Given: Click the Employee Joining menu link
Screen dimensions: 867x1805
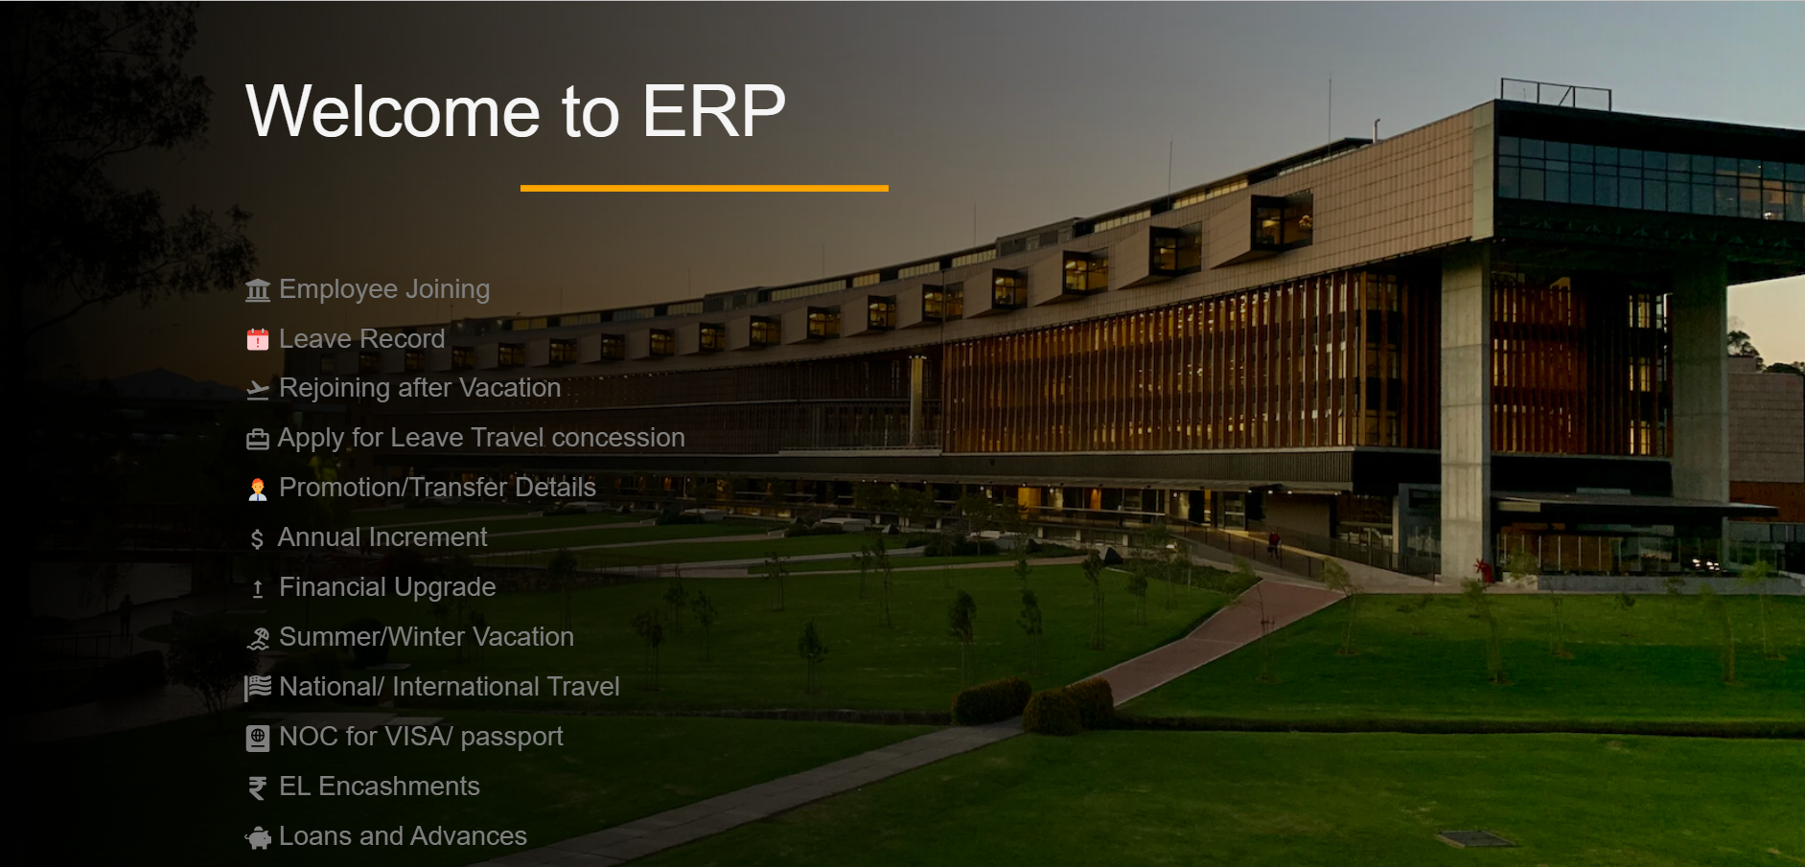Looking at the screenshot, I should pyautogui.click(x=384, y=289).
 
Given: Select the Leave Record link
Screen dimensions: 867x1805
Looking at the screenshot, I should pyautogui.click(x=361, y=339).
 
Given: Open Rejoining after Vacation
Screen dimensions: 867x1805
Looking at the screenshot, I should pyautogui.click(x=419, y=388).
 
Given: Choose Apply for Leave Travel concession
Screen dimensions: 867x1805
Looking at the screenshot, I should pyautogui.click(x=480, y=438).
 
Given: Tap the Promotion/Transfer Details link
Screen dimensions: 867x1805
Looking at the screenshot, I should pyautogui.click(x=437, y=488).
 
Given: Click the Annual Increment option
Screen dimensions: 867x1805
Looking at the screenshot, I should pyautogui.click(x=382, y=537).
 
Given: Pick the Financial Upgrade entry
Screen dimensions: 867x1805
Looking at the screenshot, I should pyautogui.click(x=387, y=587).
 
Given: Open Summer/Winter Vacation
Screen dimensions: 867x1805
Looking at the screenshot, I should pyautogui.click(x=426, y=637).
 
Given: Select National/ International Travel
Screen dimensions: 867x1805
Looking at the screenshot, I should pyautogui.click(x=449, y=687).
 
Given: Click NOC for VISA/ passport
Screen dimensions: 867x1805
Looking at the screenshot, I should pyautogui.click(x=421, y=737).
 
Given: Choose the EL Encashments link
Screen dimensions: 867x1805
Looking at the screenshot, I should pyautogui.click(x=379, y=787).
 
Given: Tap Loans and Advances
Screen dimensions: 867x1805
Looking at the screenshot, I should pyautogui.click(x=403, y=836).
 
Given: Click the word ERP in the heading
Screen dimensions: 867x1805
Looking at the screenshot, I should pyautogui.click(x=714, y=111).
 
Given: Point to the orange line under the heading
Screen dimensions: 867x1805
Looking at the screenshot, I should pyautogui.click(x=704, y=189).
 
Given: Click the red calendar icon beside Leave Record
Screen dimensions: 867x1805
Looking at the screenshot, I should pyautogui.click(x=258, y=340).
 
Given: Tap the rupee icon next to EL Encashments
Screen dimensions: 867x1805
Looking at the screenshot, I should pyautogui.click(x=257, y=787).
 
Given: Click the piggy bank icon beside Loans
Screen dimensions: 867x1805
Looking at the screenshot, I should pyautogui.click(x=258, y=838).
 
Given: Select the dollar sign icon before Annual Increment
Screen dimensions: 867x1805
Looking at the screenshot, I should pyautogui.click(x=257, y=539).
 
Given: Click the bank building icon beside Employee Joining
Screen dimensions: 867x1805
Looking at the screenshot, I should pyautogui.click(x=258, y=290).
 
